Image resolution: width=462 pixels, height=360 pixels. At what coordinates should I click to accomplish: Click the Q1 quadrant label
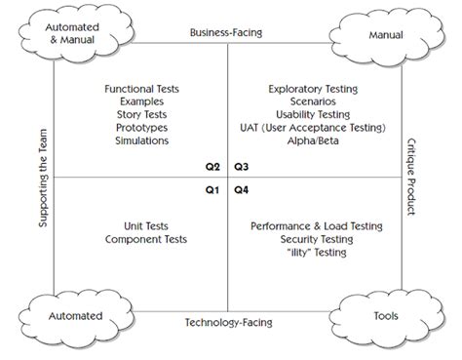point(212,189)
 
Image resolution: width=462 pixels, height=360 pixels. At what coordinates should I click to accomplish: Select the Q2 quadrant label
point(212,167)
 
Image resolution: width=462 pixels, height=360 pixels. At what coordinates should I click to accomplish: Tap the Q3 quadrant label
point(243,167)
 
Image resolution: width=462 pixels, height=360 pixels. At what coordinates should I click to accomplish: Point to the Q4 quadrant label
point(243,189)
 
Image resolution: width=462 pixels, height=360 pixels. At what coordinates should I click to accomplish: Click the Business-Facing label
point(227,32)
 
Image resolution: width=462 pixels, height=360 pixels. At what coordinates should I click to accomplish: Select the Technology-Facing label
point(227,321)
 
